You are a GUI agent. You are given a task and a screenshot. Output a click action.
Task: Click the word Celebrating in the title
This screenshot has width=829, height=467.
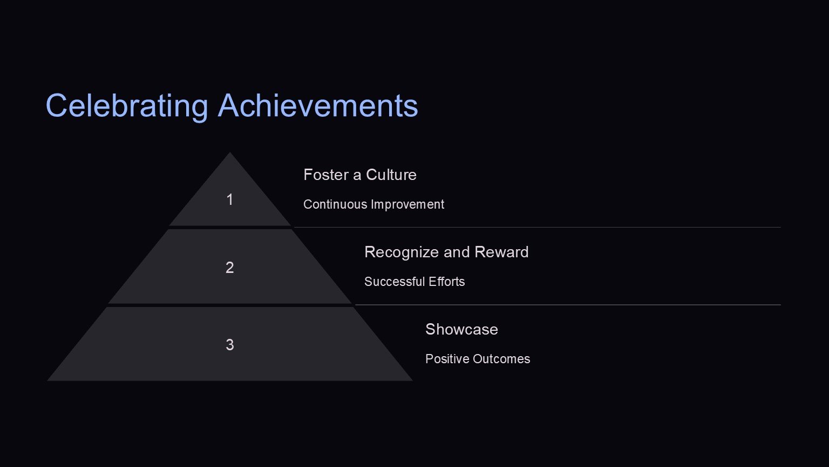[x=127, y=106]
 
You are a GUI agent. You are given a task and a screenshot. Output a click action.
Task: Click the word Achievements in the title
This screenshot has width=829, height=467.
[x=318, y=105]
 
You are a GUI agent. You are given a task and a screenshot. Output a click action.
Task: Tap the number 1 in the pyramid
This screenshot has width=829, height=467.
[x=230, y=199]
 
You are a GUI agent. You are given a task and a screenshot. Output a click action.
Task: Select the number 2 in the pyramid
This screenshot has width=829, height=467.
[x=230, y=267]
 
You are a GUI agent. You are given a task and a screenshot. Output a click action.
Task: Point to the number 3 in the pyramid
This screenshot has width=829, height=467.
[x=230, y=345]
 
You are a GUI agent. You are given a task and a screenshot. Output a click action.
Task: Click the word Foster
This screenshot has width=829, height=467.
[x=325, y=175]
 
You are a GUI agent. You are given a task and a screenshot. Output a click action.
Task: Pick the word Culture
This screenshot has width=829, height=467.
[x=391, y=175]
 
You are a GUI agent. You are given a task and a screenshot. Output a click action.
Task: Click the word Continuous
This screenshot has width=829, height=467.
[x=335, y=204]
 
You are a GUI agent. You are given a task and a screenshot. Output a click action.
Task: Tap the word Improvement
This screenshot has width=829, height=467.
[x=407, y=205]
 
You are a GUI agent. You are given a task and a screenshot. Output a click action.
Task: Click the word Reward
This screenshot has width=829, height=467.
[x=501, y=252]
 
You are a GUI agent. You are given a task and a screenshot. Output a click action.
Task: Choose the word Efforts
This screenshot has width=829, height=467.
[x=447, y=282]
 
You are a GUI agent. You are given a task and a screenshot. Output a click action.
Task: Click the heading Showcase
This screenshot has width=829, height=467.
[x=461, y=329]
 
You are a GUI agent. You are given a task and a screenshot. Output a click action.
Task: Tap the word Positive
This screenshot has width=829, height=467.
[x=447, y=359]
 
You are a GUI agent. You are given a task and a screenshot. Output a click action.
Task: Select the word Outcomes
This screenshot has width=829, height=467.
[x=501, y=359]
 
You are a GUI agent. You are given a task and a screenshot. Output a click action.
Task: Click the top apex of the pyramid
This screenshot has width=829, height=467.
[x=230, y=152]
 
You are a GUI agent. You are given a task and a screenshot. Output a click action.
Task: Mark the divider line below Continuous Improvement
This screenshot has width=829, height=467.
[x=538, y=227]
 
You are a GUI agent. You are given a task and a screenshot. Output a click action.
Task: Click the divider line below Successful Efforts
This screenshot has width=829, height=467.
[x=568, y=305]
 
